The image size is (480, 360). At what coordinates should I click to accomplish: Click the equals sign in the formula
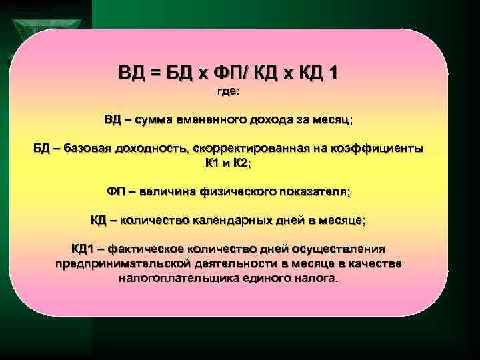coord(155,71)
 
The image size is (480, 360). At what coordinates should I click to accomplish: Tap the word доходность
coord(157,148)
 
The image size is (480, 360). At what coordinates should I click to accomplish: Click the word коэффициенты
coord(379,148)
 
